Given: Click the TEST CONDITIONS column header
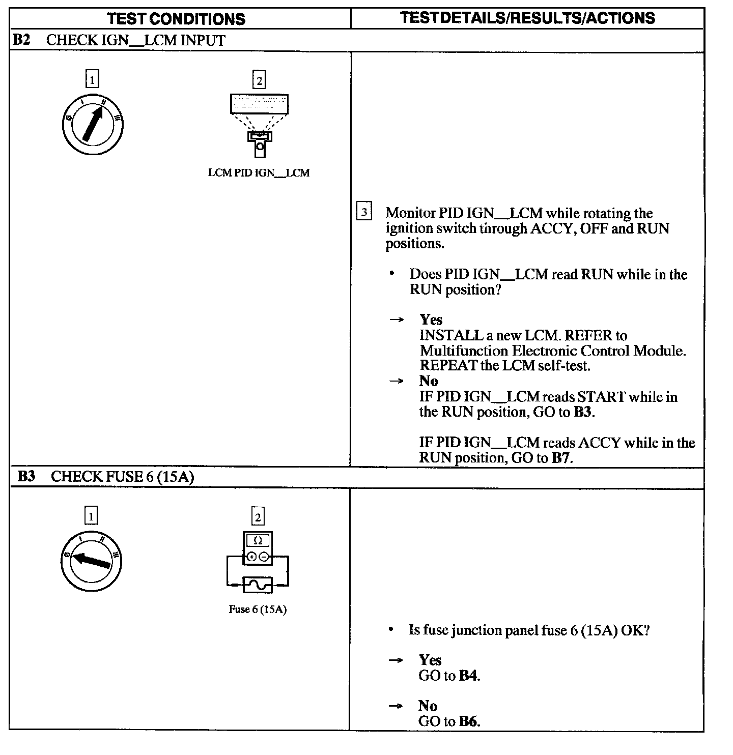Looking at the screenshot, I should [x=176, y=19].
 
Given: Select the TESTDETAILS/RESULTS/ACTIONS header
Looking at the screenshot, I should [x=527, y=18].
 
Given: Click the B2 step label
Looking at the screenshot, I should [x=21, y=40].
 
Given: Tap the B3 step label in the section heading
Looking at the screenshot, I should [x=26, y=476].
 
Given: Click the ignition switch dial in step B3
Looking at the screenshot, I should [x=91, y=561].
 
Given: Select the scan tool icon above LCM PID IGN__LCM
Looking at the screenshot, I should [x=259, y=125].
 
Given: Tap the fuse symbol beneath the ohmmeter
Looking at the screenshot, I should [x=258, y=585].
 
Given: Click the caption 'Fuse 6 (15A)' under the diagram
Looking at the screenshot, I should [x=258, y=609].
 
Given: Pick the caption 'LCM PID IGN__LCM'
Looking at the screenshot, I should [x=259, y=173].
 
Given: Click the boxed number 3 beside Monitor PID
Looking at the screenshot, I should [x=363, y=212].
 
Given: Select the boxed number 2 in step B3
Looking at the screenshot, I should [x=258, y=517].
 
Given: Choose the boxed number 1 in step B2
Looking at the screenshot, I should [x=92, y=80].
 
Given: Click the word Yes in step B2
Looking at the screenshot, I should [x=431, y=320].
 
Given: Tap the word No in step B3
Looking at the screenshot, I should [x=428, y=706].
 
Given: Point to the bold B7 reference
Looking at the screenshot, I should [x=561, y=458].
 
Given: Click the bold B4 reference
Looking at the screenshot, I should [x=469, y=676].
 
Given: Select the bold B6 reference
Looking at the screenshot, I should [x=469, y=721].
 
